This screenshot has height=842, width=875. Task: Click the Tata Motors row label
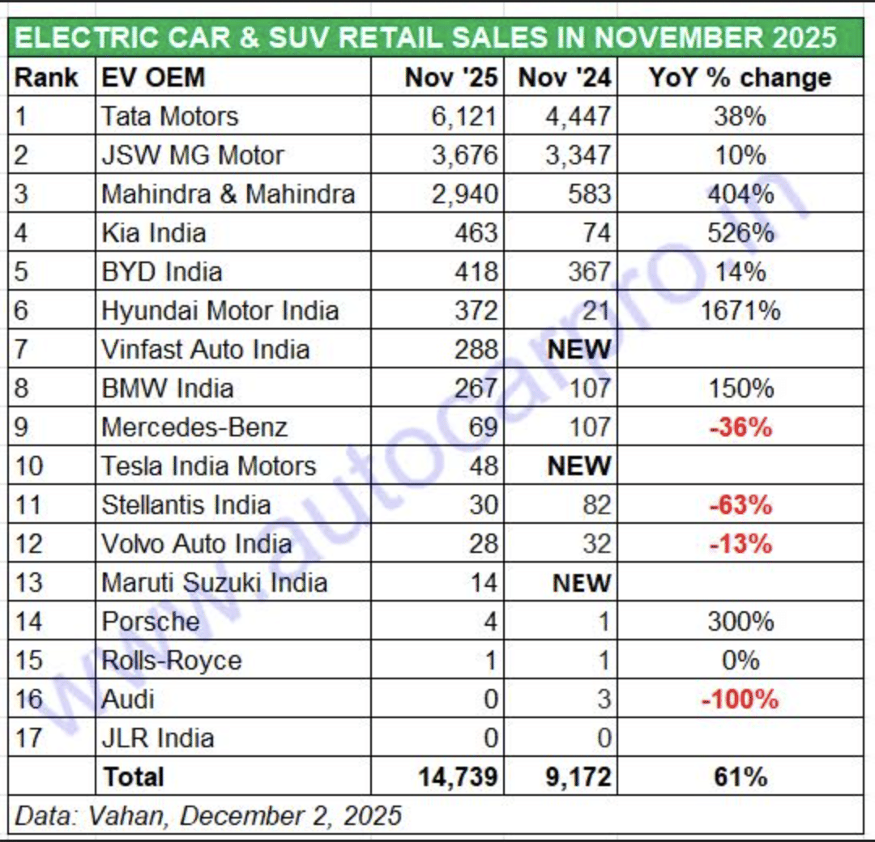169,117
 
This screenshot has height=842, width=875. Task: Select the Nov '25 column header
450,78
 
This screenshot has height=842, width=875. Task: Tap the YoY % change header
740,78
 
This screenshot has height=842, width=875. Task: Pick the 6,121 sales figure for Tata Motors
463,117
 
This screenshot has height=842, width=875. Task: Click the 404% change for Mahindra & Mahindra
740,194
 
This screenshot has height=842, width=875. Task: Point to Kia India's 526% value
740,233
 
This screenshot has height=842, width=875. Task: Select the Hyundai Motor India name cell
220,311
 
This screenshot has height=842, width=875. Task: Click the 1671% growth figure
740,311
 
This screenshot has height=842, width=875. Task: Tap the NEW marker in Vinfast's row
578,350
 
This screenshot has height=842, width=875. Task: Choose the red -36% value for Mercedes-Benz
740,427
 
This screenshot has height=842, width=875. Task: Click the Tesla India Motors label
208,466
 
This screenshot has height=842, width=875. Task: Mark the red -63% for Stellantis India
740,505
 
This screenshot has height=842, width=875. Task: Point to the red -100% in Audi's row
740,699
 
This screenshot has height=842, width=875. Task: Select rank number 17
29,738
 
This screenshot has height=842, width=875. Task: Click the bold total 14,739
457,777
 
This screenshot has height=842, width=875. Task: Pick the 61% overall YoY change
740,777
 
